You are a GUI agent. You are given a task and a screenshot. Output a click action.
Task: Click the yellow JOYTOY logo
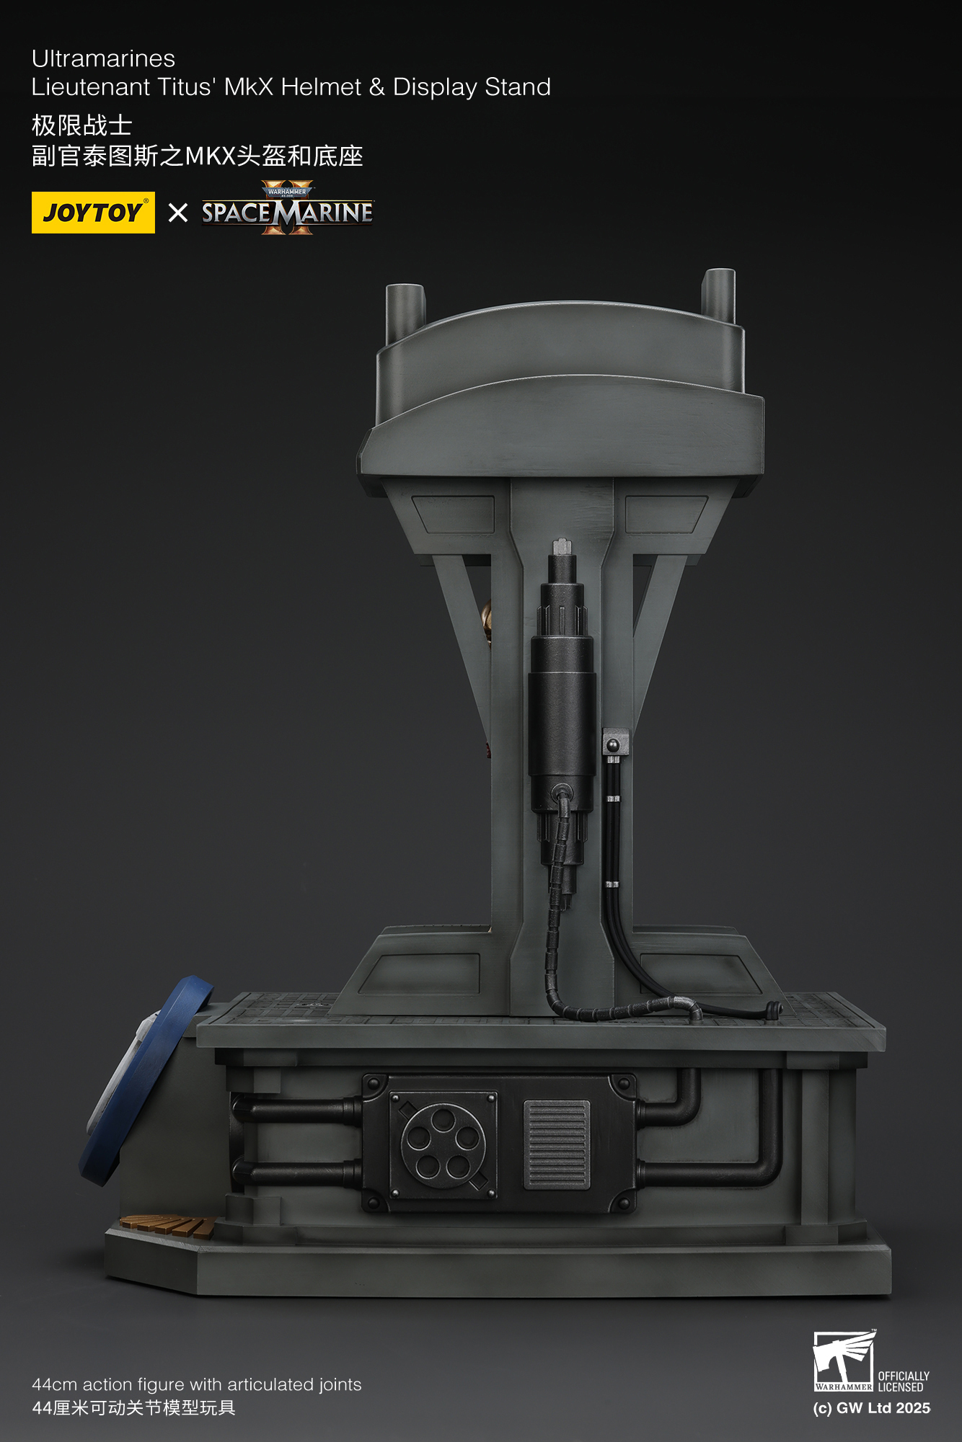click(x=93, y=213)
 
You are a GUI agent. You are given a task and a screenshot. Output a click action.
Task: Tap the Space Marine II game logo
click(x=287, y=210)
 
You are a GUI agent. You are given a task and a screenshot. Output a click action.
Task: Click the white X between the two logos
click(x=177, y=213)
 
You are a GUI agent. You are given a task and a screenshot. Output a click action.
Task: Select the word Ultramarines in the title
click(x=103, y=58)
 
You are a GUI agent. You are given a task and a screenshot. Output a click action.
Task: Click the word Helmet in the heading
click(x=321, y=87)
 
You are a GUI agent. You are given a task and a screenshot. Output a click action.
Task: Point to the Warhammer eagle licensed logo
click(x=844, y=1361)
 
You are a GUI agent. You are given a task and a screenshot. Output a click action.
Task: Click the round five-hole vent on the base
click(x=443, y=1146)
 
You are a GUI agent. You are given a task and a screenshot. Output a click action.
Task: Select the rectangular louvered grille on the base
click(x=556, y=1144)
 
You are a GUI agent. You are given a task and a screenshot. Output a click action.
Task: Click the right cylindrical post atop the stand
click(x=719, y=295)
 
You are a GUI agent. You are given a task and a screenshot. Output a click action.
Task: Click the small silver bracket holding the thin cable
click(x=614, y=742)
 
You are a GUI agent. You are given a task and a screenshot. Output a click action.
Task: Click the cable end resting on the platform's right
click(x=773, y=1009)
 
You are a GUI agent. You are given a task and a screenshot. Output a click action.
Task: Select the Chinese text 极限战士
click(x=81, y=125)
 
